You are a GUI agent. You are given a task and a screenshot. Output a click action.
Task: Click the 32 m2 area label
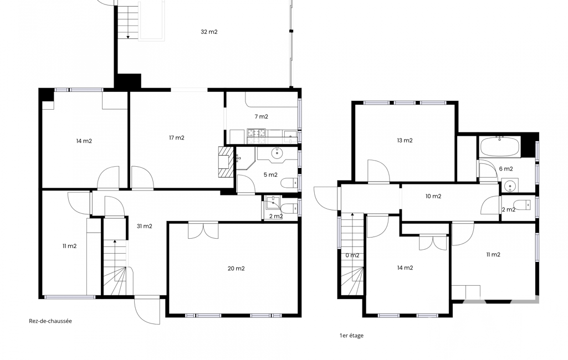tap(209, 32)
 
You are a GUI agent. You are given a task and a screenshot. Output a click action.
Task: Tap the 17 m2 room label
tap(177, 137)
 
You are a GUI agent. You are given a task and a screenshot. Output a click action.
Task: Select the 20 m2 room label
tap(236, 269)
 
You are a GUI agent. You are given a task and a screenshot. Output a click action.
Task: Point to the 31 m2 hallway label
tap(145, 226)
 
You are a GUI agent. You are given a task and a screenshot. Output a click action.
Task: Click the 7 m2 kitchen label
tap(261, 116)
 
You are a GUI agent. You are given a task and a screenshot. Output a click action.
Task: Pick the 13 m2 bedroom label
tap(405, 140)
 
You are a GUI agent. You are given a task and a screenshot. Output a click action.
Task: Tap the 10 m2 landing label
tap(433, 196)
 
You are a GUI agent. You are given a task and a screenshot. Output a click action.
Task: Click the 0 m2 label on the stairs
tap(352, 255)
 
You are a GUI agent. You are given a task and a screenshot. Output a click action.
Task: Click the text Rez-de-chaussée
tap(50, 321)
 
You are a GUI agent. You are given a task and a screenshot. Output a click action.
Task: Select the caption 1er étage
tap(351, 336)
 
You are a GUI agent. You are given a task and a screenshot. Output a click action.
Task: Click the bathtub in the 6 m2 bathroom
tap(500, 147)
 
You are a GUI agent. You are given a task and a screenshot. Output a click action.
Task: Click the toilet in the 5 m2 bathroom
tap(290, 183)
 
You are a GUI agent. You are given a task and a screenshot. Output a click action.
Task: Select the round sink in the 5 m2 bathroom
tap(278, 153)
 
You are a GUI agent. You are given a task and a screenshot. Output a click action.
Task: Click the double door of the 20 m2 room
tap(203, 231)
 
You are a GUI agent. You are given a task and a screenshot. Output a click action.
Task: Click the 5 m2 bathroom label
tap(270, 174)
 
